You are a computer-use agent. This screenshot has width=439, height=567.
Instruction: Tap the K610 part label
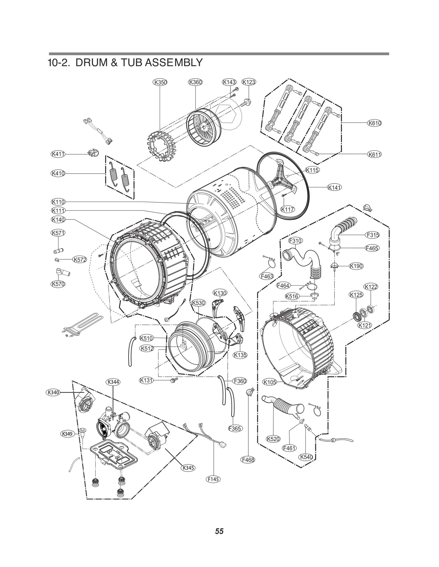pos(375,123)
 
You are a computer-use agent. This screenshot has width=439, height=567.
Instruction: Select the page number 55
pos(219,531)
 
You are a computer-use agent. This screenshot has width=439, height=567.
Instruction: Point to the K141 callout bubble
pos(334,188)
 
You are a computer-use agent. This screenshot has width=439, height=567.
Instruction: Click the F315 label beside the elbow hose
pos(373,235)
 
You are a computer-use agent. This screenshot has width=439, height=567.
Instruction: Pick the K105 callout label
pos(270,382)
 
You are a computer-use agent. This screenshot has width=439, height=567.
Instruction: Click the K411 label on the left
pos(58,154)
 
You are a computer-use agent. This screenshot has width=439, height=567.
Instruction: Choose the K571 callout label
pos(58,233)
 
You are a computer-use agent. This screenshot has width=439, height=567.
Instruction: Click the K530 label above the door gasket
pos(198,303)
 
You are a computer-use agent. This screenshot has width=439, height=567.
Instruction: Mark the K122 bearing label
pos(371,287)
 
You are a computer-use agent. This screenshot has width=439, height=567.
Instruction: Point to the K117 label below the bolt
pos(288,210)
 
